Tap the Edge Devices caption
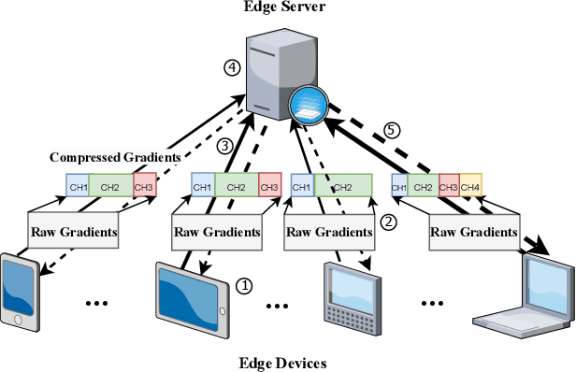[287, 362]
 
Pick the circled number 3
[223, 146]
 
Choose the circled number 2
[389, 223]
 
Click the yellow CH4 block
[470, 188]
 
